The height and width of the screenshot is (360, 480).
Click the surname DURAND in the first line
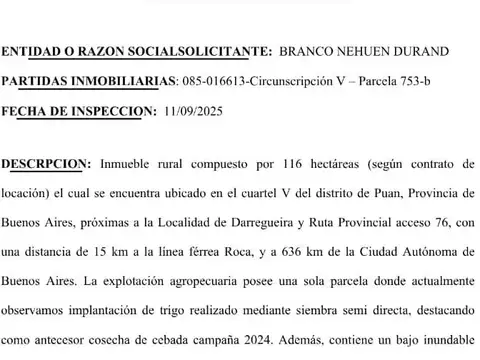coord(421,50)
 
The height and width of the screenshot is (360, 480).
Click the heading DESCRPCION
coord(45,162)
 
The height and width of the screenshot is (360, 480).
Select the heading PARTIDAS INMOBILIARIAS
coord(88,80)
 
